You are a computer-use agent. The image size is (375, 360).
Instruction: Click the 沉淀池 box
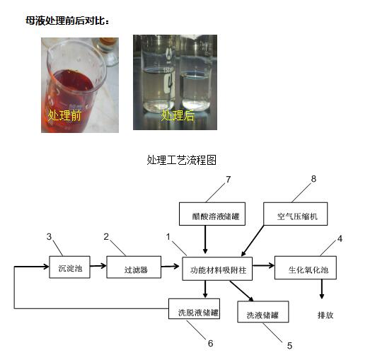point(69,267)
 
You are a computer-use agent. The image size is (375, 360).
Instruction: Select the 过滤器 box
point(134,267)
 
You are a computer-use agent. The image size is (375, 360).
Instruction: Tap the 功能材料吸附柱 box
point(217,269)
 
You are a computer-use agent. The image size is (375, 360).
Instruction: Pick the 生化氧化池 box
point(306,268)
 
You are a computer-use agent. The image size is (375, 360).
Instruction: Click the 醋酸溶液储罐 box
point(212,214)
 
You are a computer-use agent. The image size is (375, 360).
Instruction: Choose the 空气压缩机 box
point(296,214)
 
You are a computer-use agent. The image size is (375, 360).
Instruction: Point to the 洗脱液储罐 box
point(194,308)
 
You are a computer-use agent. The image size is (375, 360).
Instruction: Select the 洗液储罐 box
point(263,312)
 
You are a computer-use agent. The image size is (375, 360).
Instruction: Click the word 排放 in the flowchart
point(325,315)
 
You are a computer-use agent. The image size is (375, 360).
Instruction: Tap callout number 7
point(229,179)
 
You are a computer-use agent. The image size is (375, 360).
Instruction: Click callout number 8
point(313,178)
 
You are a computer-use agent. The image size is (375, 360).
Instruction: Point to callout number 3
point(49,237)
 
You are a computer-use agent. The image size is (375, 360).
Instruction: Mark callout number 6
point(210,344)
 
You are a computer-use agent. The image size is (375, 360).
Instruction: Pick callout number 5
point(289,346)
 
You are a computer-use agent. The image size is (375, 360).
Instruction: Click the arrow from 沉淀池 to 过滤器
point(98,265)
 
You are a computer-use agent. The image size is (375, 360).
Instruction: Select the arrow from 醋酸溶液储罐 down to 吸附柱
point(205,240)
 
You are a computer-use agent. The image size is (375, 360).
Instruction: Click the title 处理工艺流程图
point(182,160)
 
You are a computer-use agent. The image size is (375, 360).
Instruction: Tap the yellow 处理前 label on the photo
point(64,116)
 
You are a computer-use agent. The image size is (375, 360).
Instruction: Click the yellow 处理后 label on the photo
point(178,116)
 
